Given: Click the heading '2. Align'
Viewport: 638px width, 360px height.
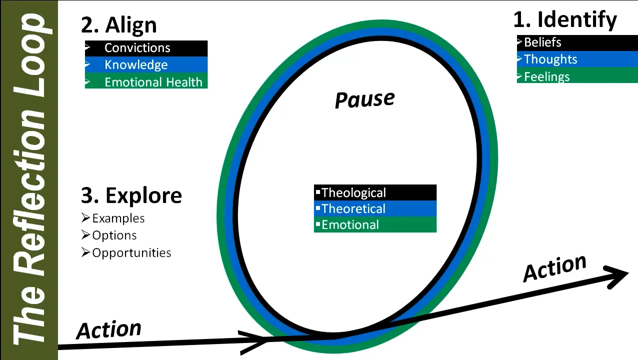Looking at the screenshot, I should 119,25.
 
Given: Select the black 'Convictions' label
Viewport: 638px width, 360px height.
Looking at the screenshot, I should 137,48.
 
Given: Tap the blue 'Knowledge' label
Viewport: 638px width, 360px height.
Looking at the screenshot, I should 136,65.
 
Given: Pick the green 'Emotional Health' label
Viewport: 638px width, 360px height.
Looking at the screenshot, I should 153,82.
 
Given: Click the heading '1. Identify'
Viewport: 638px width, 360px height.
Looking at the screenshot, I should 565,20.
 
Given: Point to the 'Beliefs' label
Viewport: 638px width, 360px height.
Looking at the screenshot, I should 542,42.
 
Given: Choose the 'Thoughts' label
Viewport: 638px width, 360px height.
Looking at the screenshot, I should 550,59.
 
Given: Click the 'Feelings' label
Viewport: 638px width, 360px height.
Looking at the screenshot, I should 547,77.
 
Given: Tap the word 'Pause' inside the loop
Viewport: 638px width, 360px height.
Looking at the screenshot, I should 364,99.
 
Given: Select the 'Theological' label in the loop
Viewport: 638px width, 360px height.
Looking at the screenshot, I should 353,192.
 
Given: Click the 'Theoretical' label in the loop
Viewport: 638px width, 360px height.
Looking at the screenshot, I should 353,208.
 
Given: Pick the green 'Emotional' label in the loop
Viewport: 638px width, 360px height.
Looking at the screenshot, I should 350,224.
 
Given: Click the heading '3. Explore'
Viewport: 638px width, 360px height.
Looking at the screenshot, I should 131,195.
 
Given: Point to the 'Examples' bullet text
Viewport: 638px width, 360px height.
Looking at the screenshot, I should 118,218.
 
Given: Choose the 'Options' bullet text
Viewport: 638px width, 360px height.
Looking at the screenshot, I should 114,235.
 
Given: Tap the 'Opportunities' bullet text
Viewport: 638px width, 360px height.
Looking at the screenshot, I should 131,252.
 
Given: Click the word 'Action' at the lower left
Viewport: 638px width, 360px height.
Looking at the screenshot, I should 108,330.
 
